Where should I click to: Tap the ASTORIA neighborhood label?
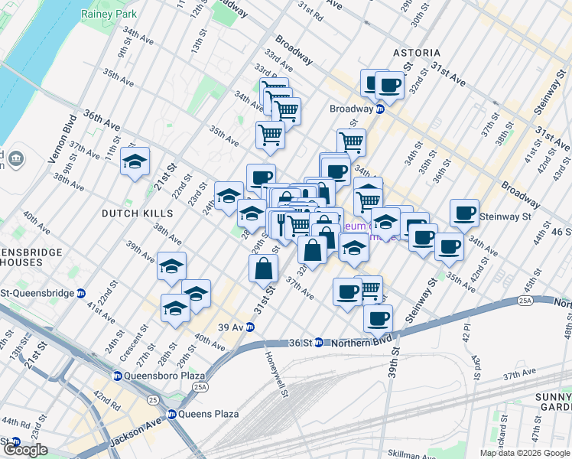point(417,53)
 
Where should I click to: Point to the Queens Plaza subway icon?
point(172,414)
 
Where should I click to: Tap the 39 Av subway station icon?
point(249,327)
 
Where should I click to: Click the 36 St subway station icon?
point(320,343)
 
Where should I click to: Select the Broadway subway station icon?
point(379,109)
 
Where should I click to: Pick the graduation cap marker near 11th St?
point(135,161)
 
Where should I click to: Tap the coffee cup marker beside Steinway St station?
point(464,213)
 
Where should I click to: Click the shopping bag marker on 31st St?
point(263,269)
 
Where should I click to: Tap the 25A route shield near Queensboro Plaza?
point(200,387)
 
